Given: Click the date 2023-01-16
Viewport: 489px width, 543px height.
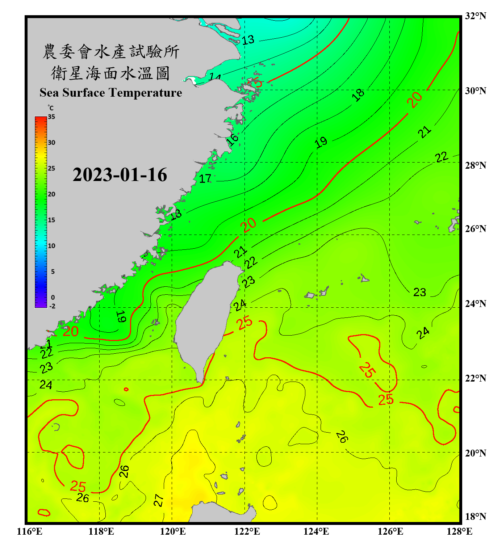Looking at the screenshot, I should point(120,175).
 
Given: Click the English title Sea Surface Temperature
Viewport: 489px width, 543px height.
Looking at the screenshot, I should point(111,93).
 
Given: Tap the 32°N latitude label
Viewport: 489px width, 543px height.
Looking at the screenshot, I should point(475,16).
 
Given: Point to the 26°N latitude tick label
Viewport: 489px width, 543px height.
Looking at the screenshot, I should point(475,229).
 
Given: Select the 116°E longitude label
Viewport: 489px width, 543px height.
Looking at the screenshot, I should point(29,531).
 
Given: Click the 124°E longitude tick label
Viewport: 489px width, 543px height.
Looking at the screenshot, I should point(316,531).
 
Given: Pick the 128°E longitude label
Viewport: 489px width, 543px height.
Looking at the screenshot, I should point(459,531).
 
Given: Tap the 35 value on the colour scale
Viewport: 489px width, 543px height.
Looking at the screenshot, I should point(51,117).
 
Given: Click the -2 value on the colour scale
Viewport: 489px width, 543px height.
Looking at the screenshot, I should point(52,306).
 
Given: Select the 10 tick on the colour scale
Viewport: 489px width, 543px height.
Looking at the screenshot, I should point(51,246).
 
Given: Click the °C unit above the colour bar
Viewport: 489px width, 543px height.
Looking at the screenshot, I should point(51,108).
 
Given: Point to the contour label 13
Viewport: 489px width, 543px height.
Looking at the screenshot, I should point(248,40).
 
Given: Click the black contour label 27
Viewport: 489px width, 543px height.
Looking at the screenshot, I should point(159,500).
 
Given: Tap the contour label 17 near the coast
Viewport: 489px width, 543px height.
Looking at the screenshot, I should point(205,178).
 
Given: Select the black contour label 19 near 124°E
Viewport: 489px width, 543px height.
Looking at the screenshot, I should point(321,143).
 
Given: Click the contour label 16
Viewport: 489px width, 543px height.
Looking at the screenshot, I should point(233,139).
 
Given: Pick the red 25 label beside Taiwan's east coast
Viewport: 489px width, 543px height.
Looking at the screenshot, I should point(245,322).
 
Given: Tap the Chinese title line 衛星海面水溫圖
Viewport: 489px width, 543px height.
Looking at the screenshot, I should point(110,73).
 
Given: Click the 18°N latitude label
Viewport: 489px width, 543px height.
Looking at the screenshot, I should point(475,517).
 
